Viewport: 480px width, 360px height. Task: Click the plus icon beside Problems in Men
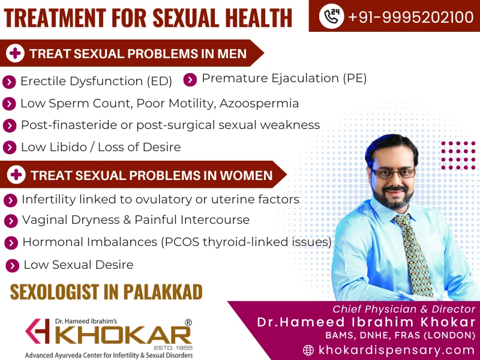(x=15, y=54)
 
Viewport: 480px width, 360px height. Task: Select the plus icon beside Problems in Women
(x=16, y=175)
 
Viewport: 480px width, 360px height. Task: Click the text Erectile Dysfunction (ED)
(x=96, y=81)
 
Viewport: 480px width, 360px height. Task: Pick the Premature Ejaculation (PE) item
(x=284, y=78)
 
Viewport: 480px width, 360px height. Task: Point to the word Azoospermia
(x=259, y=103)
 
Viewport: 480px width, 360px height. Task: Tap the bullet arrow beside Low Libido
(x=10, y=148)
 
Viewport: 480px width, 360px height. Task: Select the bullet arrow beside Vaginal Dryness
(x=11, y=221)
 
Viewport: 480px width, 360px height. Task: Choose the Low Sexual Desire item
(x=78, y=265)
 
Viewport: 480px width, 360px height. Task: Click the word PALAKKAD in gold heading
(x=163, y=292)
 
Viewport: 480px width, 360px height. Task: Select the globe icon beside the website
(x=308, y=350)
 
